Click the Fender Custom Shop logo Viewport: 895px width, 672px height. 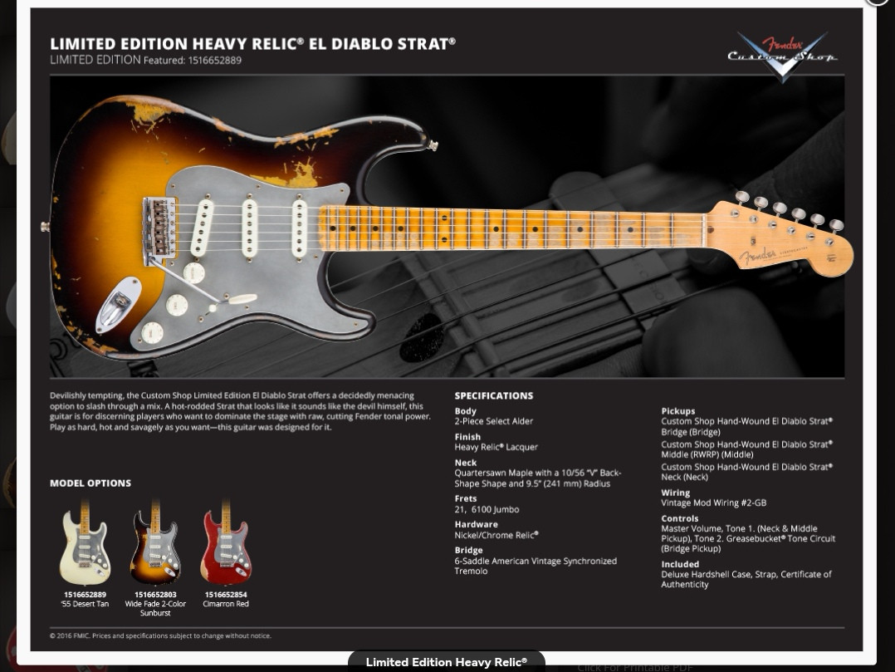pos(782,56)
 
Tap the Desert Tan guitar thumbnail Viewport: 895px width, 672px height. pos(85,545)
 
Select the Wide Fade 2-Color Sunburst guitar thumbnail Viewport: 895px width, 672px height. pos(155,545)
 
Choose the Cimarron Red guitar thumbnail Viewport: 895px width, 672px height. pos(225,545)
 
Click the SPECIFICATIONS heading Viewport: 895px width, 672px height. pos(493,396)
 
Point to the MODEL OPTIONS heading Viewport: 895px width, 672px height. pos(90,483)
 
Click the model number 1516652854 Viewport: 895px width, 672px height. pos(226,595)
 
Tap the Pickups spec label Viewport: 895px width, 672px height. pos(677,411)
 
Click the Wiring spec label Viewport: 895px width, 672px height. pos(675,493)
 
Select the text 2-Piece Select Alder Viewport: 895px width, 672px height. pos(493,421)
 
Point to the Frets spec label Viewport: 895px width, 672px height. pos(465,499)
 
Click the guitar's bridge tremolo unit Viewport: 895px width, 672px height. pos(159,229)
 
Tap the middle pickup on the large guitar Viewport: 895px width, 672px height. pos(249,228)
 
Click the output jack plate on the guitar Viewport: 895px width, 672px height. pos(120,303)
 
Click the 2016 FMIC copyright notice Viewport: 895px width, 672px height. pos(160,635)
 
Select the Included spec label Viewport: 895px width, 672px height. pos(679,564)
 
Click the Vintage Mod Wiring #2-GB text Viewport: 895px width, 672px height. pos(713,503)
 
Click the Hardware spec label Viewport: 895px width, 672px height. pos(476,525)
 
